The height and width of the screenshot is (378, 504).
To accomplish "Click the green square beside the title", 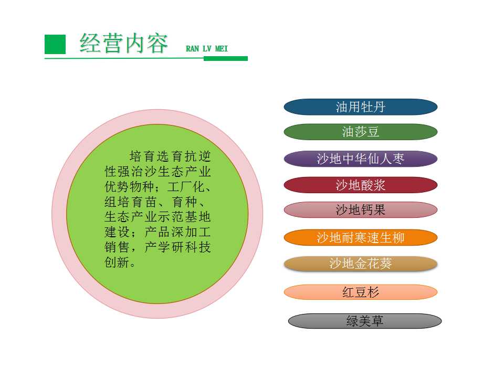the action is click(x=55, y=44).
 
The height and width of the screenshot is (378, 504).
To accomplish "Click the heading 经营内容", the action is click(x=124, y=43).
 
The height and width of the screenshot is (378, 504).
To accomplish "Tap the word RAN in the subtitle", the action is click(x=193, y=49).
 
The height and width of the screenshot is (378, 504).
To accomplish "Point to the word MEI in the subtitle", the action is click(x=221, y=49).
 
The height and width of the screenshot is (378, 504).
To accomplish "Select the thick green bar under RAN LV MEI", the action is click(x=226, y=58).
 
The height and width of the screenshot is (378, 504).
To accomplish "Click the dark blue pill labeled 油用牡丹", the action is click(x=361, y=107).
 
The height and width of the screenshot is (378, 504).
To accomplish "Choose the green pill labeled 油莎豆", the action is click(x=361, y=132).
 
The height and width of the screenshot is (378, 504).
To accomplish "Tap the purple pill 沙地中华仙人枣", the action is click(x=361, y=159).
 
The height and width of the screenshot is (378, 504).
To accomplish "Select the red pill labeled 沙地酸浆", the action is click(x=361, y=185).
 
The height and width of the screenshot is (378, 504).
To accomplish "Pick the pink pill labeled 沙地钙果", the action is click(x=361, y=210).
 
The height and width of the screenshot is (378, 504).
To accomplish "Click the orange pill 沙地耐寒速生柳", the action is click(x=361, y=238).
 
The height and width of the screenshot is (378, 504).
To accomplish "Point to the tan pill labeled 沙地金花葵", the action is click(x=361, y=264).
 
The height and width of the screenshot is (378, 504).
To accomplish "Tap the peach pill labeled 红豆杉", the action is click(x=361, y=292).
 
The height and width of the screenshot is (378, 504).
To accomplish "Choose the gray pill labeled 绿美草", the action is click(x=365, y=321).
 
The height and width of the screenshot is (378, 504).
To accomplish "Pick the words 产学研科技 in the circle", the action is click(x=178, y=247).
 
